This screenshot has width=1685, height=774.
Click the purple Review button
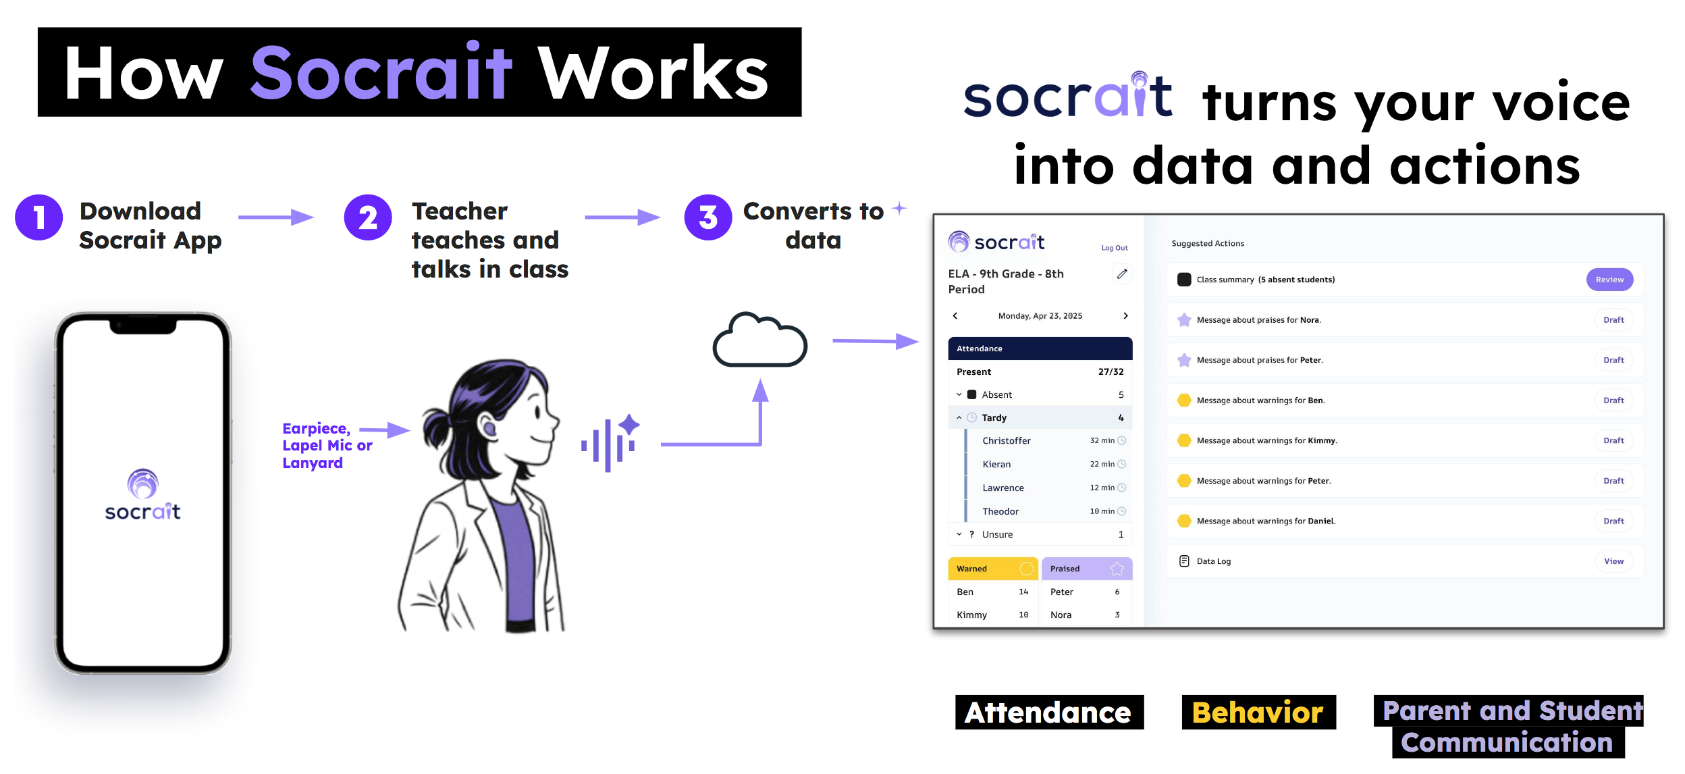point(1609,280)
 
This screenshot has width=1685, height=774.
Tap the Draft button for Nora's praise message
point(1613,320)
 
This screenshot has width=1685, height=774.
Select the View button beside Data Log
point(1613,561)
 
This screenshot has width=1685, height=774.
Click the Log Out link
point(1114,248)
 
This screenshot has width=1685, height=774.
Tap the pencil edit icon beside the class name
point(1121,274)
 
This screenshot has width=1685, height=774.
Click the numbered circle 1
point(39,217)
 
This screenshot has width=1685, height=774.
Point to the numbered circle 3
point(707,217)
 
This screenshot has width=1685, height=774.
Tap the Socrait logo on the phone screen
point(142,495)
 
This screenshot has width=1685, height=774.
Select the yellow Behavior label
point(1258,712)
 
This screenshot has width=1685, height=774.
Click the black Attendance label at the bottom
point(1049,712)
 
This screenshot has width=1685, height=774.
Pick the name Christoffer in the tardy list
point(1006,441)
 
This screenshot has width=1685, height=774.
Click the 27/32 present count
point(1111,372)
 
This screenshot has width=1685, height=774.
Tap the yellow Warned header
point(992,569)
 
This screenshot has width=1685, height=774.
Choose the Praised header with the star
point(1086,569)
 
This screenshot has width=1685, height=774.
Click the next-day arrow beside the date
point(1125,316)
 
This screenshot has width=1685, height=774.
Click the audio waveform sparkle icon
point(610,442)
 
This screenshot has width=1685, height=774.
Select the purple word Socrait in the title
point(381,72)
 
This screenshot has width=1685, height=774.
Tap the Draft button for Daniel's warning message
point(1613,521)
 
